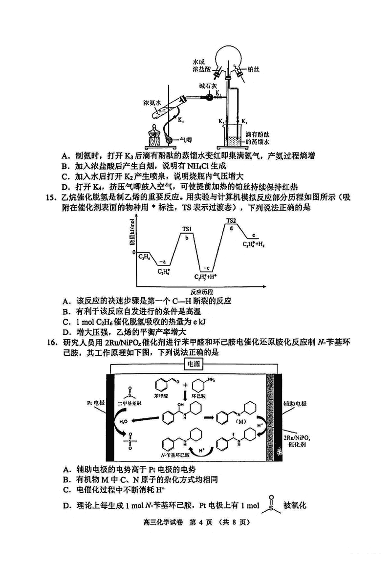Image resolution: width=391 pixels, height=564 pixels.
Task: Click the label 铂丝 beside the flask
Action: point(253,69)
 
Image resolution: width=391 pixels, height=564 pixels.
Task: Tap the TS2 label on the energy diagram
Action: point(231,221)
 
